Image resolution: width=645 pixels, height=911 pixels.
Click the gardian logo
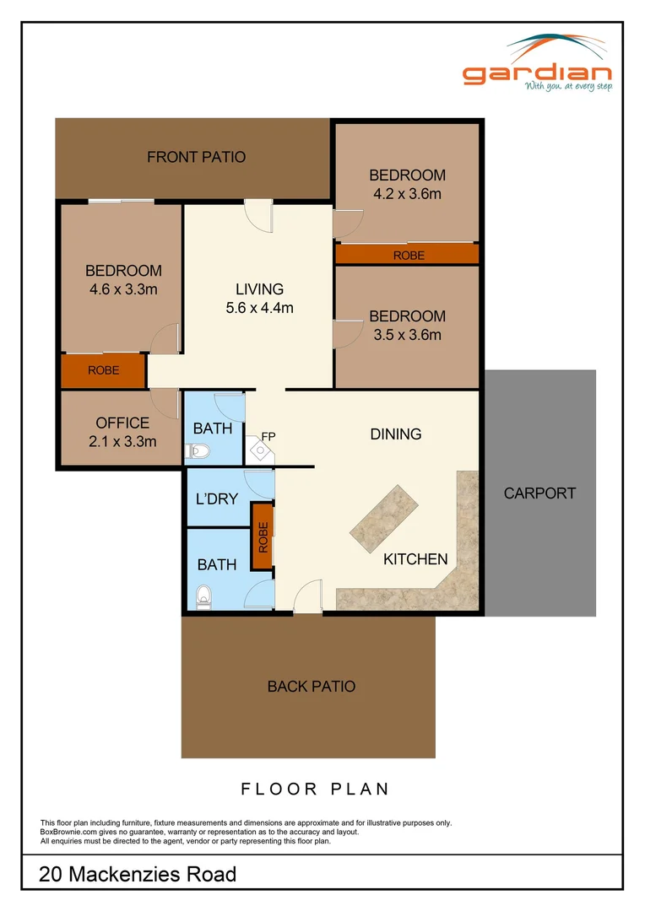[537, 63]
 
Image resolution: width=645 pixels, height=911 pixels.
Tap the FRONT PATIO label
[196, 157]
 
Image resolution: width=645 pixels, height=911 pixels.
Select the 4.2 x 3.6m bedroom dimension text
[407, 194]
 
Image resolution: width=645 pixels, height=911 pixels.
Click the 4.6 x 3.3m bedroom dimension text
[123, 289]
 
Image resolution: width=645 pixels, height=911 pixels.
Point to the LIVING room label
[259, 289]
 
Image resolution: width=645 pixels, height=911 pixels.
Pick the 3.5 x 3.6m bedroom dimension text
[407, 335]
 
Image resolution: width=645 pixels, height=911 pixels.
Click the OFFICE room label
[122, 423]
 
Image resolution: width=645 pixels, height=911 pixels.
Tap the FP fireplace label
[268, 436]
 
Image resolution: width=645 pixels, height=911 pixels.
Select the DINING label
[395, 434]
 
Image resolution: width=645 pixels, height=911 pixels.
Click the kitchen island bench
[384, 519]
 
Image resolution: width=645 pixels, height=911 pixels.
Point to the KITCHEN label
[415, 559]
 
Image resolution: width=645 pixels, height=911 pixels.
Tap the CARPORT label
[539, 493]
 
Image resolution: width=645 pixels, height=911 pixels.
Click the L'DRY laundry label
[216, 499]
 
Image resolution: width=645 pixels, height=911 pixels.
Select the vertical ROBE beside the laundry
[263, 536]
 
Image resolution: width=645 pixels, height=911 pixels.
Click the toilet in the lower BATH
[203, 596]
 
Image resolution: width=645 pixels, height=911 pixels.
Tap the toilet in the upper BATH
[198, 450]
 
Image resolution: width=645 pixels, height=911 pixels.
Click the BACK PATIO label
[312, 687]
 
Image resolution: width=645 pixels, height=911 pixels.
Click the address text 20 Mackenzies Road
[138, 875]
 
